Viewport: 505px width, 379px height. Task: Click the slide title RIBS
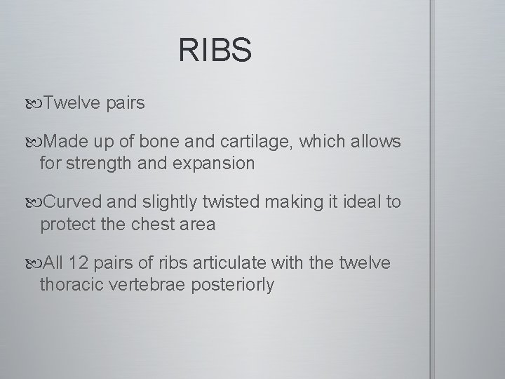[x=215, y=51]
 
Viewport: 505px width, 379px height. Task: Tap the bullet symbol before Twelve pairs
[x=36, y=104]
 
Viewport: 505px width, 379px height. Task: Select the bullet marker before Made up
[x=36, y=143]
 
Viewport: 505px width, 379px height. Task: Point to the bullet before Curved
[x=36, y=203]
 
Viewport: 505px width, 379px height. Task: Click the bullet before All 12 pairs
[x=36, y=263]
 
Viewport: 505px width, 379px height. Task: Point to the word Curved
[x=73, y=203]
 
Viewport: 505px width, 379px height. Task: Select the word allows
[x=377, y=143]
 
